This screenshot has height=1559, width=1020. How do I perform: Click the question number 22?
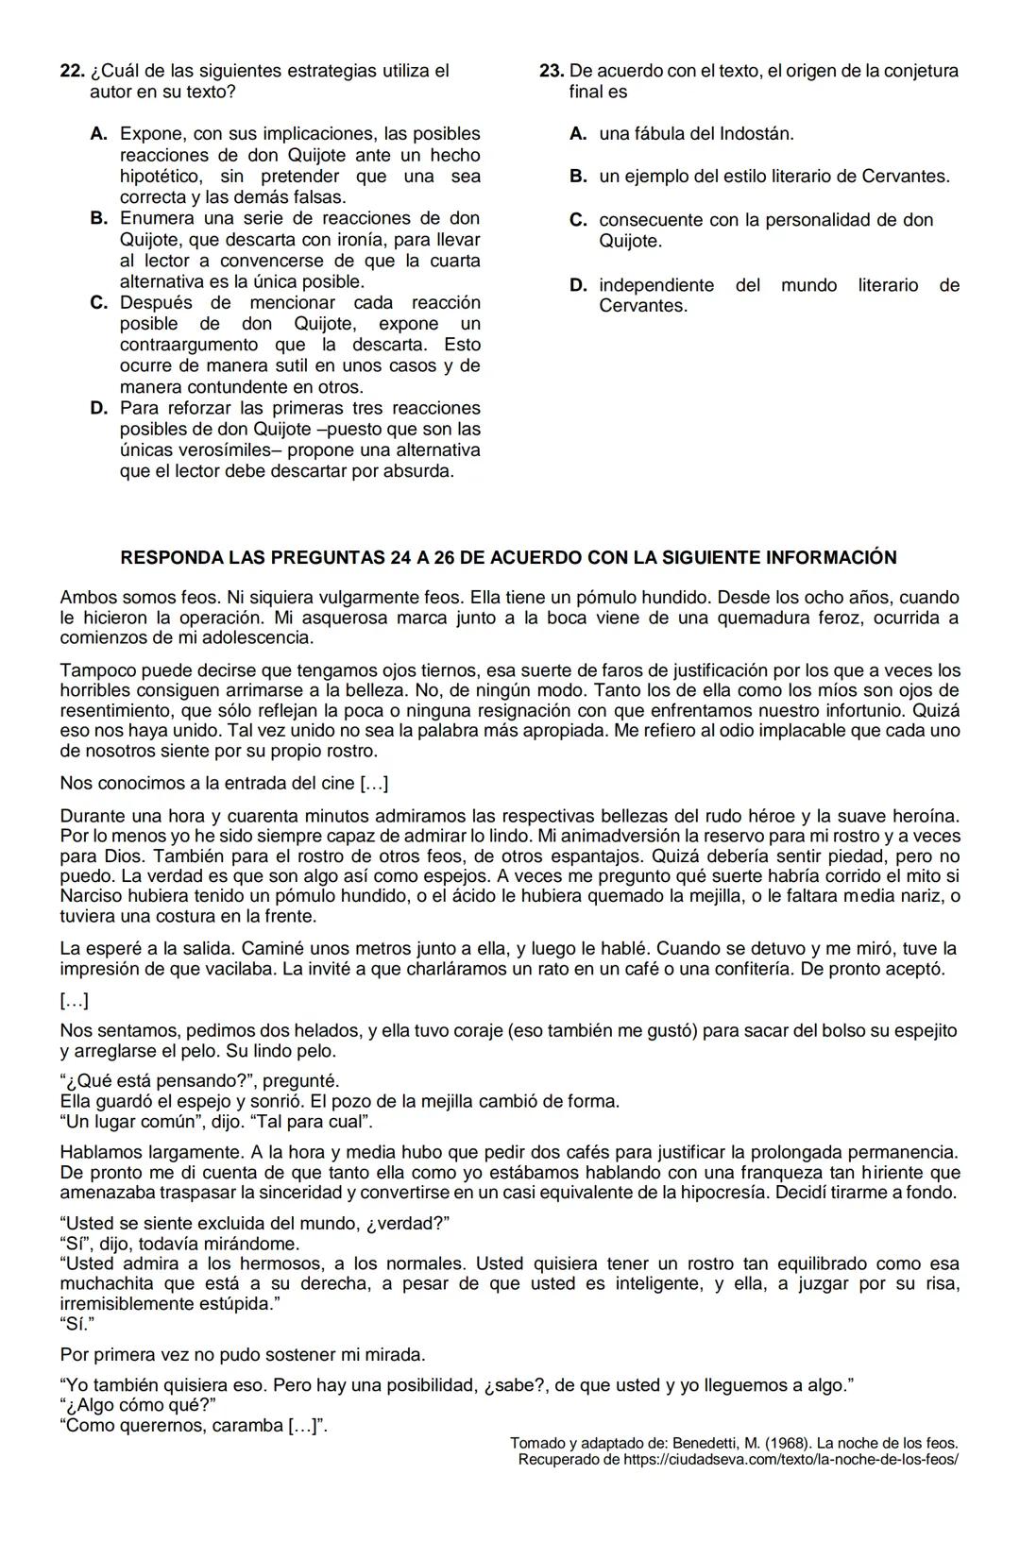[x=71, y=71]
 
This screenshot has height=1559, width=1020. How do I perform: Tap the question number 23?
[x=552, y=71]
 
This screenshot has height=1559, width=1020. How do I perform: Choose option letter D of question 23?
[x=578, y=285]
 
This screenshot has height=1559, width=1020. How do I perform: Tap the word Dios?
[x=123, y=856]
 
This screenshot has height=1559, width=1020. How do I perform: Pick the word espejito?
[x=915, y=1030]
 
